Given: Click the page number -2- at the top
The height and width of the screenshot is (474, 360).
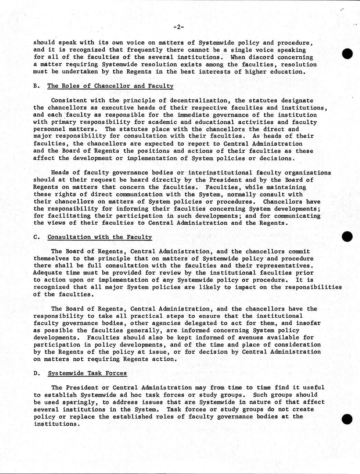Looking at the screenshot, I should pos(179,27).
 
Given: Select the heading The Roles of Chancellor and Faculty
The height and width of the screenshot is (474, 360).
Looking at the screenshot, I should pos(110,86).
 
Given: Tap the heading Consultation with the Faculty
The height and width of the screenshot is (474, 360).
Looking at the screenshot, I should pos(100,237).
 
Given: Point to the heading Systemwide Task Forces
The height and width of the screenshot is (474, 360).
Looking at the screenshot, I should pos(87,373).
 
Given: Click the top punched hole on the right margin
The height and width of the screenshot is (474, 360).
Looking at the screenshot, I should pos(348,54).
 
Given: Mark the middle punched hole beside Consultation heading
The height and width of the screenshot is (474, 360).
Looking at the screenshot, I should pos(348,236).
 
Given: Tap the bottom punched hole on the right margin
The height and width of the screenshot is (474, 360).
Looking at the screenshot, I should pos(348,419).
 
